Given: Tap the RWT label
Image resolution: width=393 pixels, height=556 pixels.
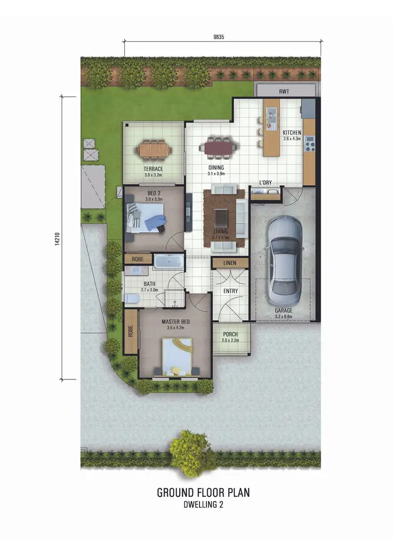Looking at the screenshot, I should click(285, 91).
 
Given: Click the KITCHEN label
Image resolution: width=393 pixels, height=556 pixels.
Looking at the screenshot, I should click(292, 133).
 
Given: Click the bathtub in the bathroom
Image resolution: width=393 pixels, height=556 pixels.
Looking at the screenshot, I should click(168, 261).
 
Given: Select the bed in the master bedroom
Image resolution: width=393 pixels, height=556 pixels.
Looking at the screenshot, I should click(176, 355).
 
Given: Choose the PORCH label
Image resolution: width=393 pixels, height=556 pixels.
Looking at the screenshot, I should click(231, 334).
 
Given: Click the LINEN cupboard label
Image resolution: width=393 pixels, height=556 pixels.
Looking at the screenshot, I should click(230, 263).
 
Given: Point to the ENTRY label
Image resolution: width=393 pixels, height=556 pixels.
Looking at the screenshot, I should click(231, 291).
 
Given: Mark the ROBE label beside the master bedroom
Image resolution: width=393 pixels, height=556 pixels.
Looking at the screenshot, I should click(130, 332).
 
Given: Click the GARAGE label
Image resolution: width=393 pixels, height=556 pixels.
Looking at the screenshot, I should click(283, 311).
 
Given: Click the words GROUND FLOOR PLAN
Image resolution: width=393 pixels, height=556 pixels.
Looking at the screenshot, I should click(203, 493).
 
